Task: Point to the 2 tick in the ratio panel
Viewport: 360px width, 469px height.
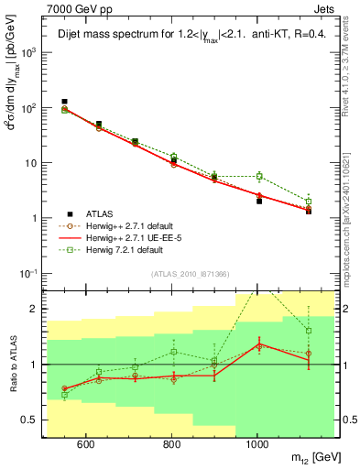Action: [x=36, y=309]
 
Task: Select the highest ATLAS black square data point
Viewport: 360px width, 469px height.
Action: [x=64, y=102]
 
